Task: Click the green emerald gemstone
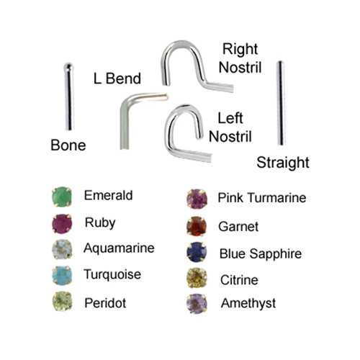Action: point(62,197)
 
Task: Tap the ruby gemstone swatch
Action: point(62,223)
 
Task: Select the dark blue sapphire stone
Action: point(197,252)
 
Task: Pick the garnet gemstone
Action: point(197,226)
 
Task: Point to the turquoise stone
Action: point(62,275)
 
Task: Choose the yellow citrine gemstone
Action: point(197,278)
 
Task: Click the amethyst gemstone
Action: point(197,304)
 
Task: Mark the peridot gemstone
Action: point(62,301)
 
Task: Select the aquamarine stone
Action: point(62,249)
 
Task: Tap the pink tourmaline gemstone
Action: point(197,199)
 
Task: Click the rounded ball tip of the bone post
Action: point(68,66)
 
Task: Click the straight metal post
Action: point(280,103)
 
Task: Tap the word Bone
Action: point(68,145)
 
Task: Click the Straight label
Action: point(283,163)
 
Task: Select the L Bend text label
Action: point(117,78)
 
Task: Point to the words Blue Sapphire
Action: point(261,254)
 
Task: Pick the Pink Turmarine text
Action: point(262,198)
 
